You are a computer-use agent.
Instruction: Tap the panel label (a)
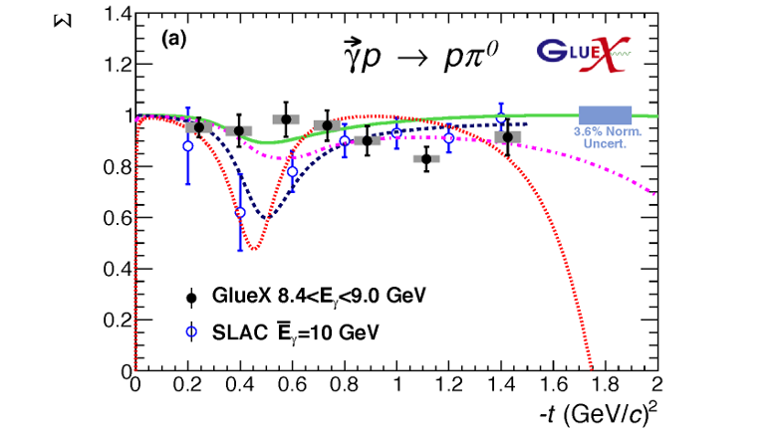pyautogui.click(x=174, y=41)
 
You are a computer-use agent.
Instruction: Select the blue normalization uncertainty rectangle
pyautogui.click(x=606, y=114)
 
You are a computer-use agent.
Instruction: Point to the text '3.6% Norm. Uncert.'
pyautogui.click(x=607, y=137)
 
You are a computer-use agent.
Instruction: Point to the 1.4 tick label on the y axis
pyautogui.click(x=119, y=15)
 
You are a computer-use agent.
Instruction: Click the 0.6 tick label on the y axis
pyautogui.click(x=119, y=218)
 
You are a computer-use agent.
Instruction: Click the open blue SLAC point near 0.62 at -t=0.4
pyautogui.click(x=240, y=213)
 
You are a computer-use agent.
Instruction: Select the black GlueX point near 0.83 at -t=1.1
pyautogui.click(x=427, y=158)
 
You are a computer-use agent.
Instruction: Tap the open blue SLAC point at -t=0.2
pyautogui.click(x=187, y=145)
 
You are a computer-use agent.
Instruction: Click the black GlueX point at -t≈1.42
pyautogui.click(x=508, y=137)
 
